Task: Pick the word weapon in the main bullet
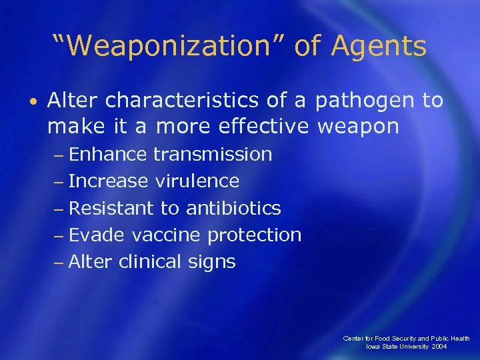[x=361, y=127]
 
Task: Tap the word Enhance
[x=108, y=155]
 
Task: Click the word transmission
[x=213, y=155]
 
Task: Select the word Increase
[x=109, y=181]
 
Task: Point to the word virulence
[x=197, y=181]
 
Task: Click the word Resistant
[x=111, y=208]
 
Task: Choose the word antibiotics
[x=233, y=208]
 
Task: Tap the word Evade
[x=97, y=235]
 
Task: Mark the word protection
[x=254, y=235]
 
